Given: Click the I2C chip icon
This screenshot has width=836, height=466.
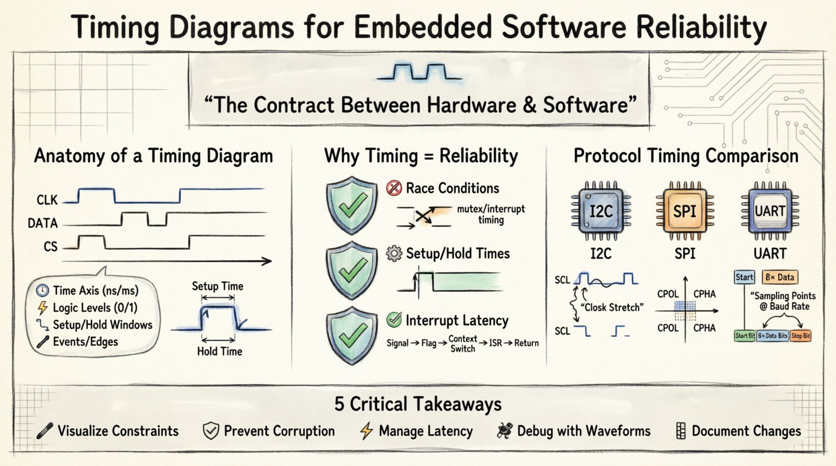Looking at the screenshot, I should (x=601, y=210).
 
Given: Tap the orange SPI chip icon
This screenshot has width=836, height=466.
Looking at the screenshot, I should (x=685, y=210).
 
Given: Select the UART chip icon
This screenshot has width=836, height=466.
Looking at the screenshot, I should (x=770, y=210).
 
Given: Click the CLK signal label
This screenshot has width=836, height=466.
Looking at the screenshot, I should (x=47, y=200).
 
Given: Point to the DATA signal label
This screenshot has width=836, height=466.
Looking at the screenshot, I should (x=43, y=223).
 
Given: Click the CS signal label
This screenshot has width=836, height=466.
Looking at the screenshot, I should (x=51, y=247).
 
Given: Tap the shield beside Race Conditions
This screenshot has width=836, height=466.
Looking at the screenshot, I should (x=352, y=204).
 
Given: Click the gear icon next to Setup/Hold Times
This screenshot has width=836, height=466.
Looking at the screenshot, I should (x=394, y=254).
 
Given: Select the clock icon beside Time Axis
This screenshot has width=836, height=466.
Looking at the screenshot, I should (x=43, y=290).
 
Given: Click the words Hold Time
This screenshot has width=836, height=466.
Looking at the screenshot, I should (x=220, y=351).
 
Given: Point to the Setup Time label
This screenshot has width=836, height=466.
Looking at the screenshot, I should (x=218, y=286).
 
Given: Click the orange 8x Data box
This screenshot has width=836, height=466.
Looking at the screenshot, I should (x=780, y=277).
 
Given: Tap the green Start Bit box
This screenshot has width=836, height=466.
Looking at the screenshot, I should (x=745, y=335).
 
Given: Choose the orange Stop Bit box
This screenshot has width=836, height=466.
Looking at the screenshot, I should (x=800, y=335).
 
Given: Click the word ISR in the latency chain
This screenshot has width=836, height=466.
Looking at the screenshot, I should (x=495, y=343).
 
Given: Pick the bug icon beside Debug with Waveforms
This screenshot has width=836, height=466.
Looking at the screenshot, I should (x=504, y=431).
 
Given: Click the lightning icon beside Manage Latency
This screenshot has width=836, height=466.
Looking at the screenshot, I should (x=367, y=431).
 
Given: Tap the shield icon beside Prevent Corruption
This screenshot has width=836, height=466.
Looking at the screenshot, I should (x=211, y=431).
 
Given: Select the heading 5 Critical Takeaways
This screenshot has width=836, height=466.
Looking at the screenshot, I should (x=418, y=404).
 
